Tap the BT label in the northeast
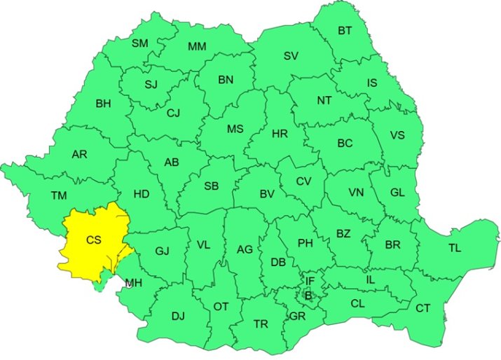click(x=345, y=30)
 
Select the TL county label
click(x=455, y=247)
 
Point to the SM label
click(x=140, y=43)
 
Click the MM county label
click(x=197, y=47)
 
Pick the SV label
click(x=291, y=55)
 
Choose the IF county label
click(x=310, y=282)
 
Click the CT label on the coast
click(x=423, y=307)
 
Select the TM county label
click(x=59, y=195)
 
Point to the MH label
click(x=132, y=283)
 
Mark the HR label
click(x=280, y=133)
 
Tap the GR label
click(x=298, y=316)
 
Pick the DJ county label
click(x=178, y=316)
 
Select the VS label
click(x=397, y=135)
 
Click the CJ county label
click(x=174, y=113)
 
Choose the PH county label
click(x=306, y=243)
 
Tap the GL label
click(x=397, y=192)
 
